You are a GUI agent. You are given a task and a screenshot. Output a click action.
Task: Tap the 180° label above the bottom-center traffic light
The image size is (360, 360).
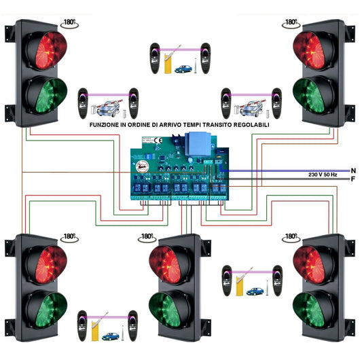[146, 236]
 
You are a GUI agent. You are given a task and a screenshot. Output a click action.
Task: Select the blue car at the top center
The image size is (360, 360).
[183, 69]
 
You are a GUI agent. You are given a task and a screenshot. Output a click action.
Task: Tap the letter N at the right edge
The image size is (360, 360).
[353, 170]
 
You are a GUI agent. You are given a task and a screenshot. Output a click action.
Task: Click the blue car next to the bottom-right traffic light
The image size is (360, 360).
[255, 291]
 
